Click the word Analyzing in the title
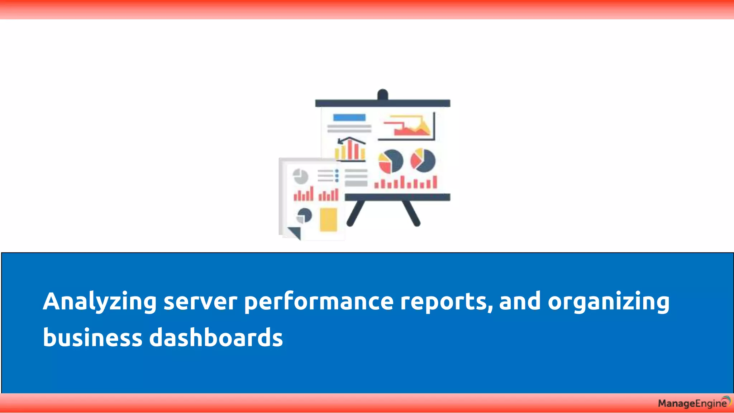pos(100,302)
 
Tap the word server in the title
pos(200,302)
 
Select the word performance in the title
pos(319,302)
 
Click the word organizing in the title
pos(608,302)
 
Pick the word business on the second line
pos(92,338)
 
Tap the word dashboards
pos(216,338)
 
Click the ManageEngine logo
pos(694,403)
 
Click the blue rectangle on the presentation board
pos(349,118)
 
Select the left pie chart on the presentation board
pos(391,161)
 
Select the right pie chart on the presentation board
pos(423,160)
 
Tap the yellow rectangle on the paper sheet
pos(328,219)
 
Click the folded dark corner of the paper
pos(295,232)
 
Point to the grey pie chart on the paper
pos(300,176)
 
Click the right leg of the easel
pos(411,213)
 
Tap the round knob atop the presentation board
pos(382,94)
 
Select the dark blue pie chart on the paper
pos(304,215)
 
